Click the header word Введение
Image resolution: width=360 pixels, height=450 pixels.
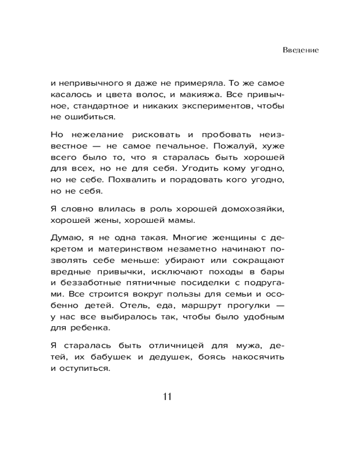click(x=301, y=50)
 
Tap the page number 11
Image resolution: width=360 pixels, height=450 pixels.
click(x=166, y=396)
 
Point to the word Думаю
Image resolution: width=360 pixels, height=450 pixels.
click(x=66, y=237)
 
